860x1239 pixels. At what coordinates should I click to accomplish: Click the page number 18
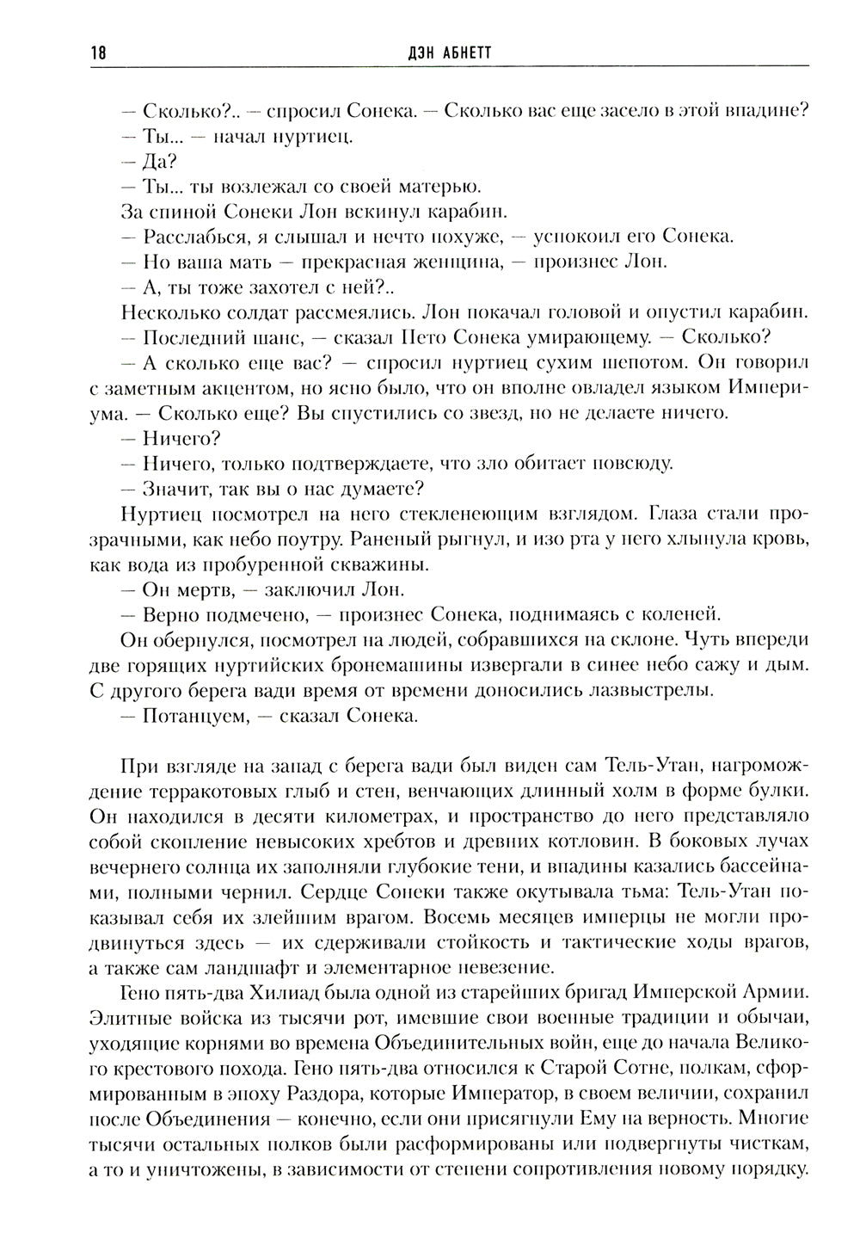tap(96, 53)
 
